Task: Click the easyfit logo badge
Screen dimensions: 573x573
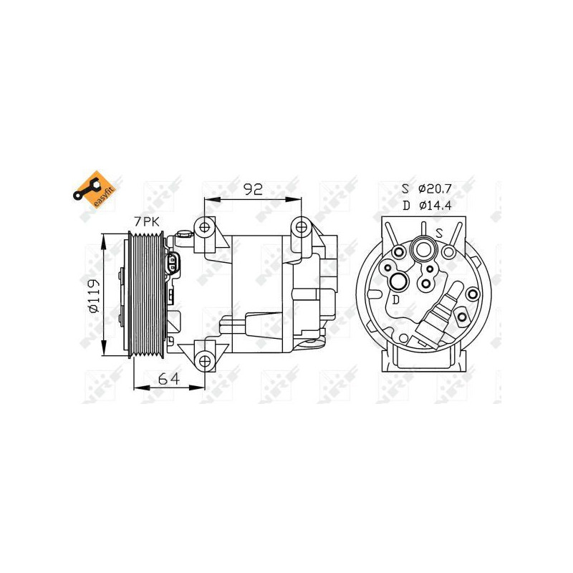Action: point(92,188)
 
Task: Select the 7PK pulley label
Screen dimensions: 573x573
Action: point(148,223)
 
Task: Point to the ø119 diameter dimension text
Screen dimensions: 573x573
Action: point(92,296)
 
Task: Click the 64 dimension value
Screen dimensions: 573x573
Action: point(168,380)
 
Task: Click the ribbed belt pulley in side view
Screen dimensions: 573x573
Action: point(147,295)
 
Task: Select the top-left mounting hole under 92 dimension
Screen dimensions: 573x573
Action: point(206,228)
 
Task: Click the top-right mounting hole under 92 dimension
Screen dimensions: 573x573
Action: point(301,228)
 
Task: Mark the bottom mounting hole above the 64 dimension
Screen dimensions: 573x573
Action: point(206,360)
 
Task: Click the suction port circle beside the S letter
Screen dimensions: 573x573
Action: point(423,251)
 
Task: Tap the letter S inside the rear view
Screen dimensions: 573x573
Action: point(440,233)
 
